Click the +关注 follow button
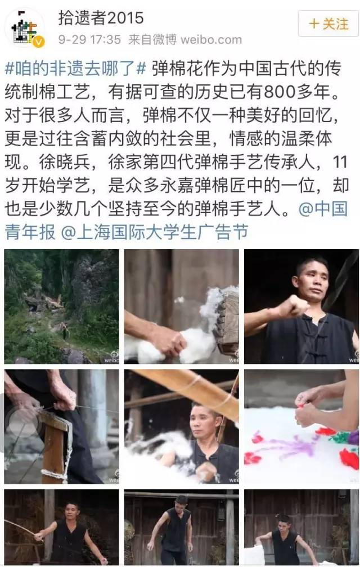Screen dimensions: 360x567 coord(328,24)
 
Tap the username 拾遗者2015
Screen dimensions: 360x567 coord(101,18)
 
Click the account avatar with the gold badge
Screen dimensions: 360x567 coord(24,27)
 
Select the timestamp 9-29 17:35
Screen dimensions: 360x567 coord(89,39)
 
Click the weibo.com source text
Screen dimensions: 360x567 coord(211,39)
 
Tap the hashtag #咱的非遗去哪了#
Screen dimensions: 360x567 coord(75,69)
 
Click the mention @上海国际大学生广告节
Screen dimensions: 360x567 coord(154,232)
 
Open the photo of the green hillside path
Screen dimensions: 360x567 coord(61,306)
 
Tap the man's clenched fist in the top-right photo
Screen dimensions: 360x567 coord(292,307)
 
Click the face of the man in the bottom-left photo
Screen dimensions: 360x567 coord(71,510)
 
